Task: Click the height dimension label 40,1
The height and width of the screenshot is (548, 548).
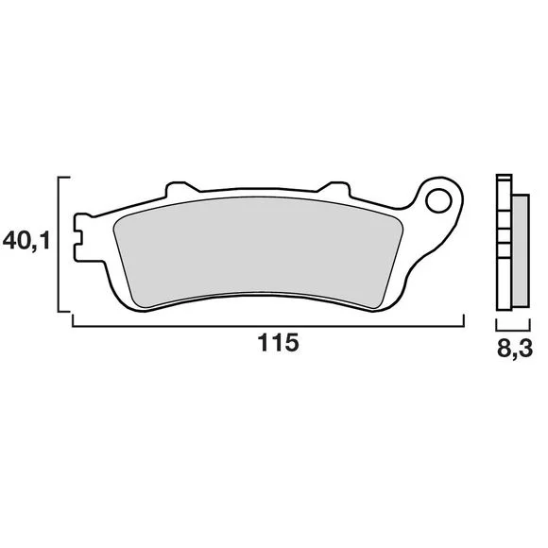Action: pyautogui.click(x=26, y=241)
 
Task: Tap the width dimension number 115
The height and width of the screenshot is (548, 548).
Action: pyautogui.click(x=278, y=342)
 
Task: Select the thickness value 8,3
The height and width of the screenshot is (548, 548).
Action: pyautogui.click(x=515, y=348)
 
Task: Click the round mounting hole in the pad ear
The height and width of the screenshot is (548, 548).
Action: pyautogui.click(x=438, y=200)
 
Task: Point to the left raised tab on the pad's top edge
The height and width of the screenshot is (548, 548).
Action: pyautogui.click(x=181, y=188)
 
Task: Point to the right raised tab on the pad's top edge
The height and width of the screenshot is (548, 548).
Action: pyautogui.click(x=334, y=188)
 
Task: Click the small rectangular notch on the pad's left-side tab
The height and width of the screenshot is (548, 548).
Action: pyautogui.click(x=78, y=238)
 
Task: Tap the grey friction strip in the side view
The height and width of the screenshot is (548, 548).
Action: pyautogui.click(x=521, y=251)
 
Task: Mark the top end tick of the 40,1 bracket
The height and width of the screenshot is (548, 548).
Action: pyautogui.click(x=64, y=178)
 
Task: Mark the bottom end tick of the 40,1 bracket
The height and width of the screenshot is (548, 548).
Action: pyautogui.click(x=64, y=311)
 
